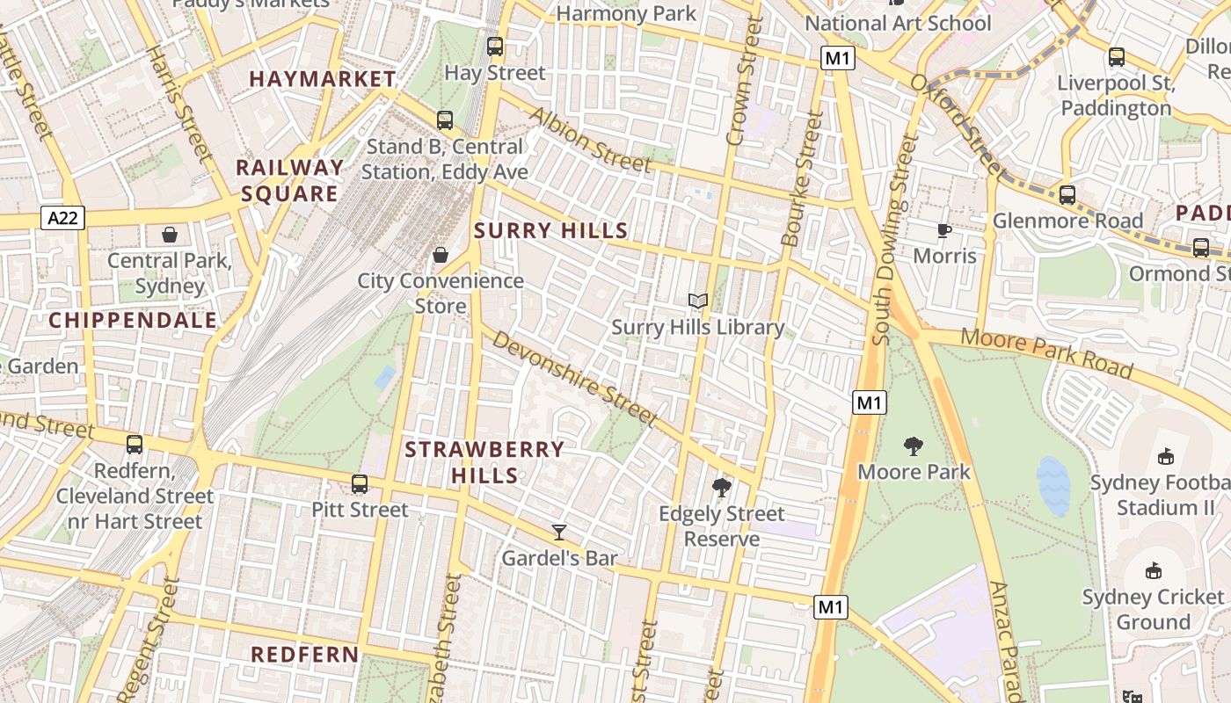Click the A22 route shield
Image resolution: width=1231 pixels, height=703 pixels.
[x=62, y=219]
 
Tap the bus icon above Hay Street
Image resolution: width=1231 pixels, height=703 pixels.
[x=495, y=47]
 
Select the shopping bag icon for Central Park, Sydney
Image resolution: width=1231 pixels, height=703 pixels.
[x=169, y=235]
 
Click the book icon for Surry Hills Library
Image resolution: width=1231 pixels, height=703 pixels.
[x=698, y=301]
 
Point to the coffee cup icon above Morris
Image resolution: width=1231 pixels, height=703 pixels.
[x=944, y=230]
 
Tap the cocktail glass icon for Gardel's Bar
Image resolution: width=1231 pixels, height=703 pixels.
[x=559, y=532]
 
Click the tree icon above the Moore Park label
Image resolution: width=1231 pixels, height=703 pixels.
[x=914, y=446]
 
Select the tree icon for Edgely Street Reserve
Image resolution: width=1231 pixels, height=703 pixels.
[x=722, y=487]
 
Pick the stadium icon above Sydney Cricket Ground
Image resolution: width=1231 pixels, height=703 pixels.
[x=1154, y=571]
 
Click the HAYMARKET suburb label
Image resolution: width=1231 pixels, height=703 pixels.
[x=323, y=79]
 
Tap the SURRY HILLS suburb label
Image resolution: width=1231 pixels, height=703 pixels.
[x=551, y=231]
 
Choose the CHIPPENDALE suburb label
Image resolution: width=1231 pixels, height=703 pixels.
[x=133, y=321]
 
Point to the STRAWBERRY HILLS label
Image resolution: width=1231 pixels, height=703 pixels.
[x=484, y=462]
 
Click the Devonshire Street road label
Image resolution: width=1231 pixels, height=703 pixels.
[x=574, y=378]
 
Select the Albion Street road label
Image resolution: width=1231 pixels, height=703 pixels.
[x=590, y=141]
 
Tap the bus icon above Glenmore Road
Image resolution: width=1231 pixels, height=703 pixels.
[x=1067, y=195]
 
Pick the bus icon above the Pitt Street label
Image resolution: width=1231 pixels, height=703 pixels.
[x=360, y=484]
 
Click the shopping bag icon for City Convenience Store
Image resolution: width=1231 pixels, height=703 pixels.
[x=441, y=255]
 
